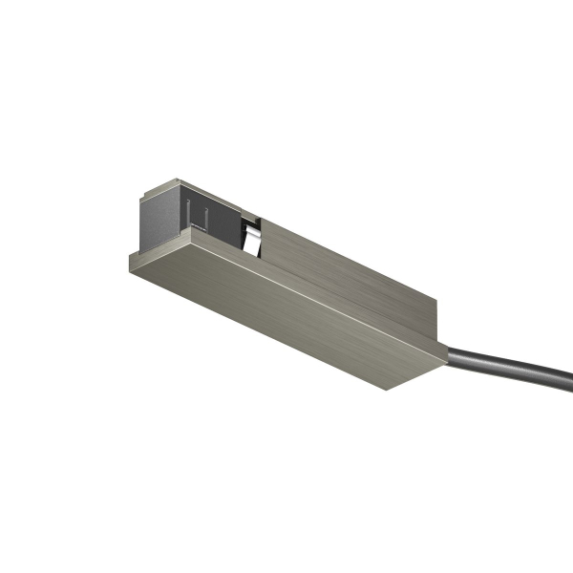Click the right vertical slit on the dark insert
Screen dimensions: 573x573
(202, 217)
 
